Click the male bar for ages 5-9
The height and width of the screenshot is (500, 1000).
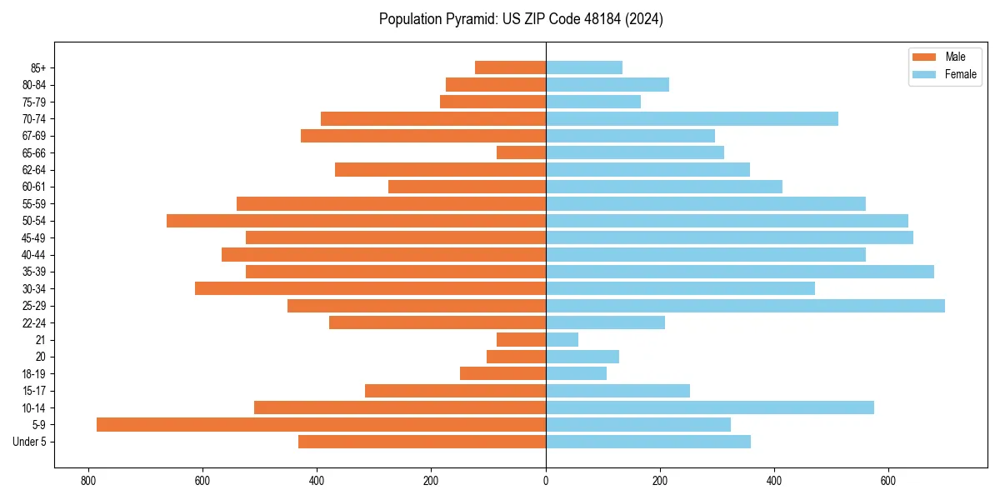point(321,424)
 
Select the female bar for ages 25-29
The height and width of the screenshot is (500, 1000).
point(745,306)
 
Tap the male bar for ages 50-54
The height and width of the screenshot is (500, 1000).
point(356,221)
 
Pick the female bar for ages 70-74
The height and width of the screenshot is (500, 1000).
point(692,118)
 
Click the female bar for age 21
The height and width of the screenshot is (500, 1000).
point(562,339)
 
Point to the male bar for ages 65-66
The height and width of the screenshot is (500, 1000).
point(521,152)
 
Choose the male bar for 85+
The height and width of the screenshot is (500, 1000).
point(510,67)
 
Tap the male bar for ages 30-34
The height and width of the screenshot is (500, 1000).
point(370,288)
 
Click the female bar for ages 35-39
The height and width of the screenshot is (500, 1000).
point(740,272)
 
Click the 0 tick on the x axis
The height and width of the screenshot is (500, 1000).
point(546,481)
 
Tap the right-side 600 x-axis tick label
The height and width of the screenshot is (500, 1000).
point(888,481)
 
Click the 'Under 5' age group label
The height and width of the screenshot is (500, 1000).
point(29,442)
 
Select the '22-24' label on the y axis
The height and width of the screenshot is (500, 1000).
point(34,322)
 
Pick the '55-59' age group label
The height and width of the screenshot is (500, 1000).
point(34,203)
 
